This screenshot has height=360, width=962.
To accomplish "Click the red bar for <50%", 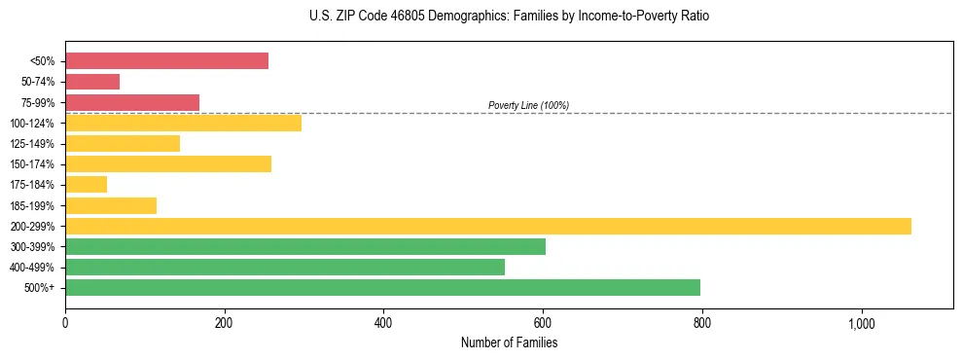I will tap(166, 61).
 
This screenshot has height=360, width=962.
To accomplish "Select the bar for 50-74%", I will tap(92, 82).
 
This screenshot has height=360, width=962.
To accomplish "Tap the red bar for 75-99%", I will tap(132, 102).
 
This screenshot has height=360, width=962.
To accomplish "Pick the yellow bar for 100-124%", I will tap(183, 123).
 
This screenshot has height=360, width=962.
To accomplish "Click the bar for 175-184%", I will tap(86, 185).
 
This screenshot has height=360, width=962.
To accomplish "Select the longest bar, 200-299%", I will tap(488, 226).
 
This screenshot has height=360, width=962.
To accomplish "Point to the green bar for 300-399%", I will tap(305, 246).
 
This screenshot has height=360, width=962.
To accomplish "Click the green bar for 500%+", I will tap(382, 287).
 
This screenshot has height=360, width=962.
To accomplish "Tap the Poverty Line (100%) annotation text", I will tap(528, 105).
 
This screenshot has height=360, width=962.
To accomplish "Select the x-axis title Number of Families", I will tap(509, 342).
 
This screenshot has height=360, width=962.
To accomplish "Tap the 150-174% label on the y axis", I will tap(32, 164).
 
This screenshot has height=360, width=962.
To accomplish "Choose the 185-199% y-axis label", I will tap(32, 206).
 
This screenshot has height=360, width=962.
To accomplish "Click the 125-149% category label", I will tap(32, 144).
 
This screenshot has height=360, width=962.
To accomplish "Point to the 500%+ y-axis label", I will tap(40, 288).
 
